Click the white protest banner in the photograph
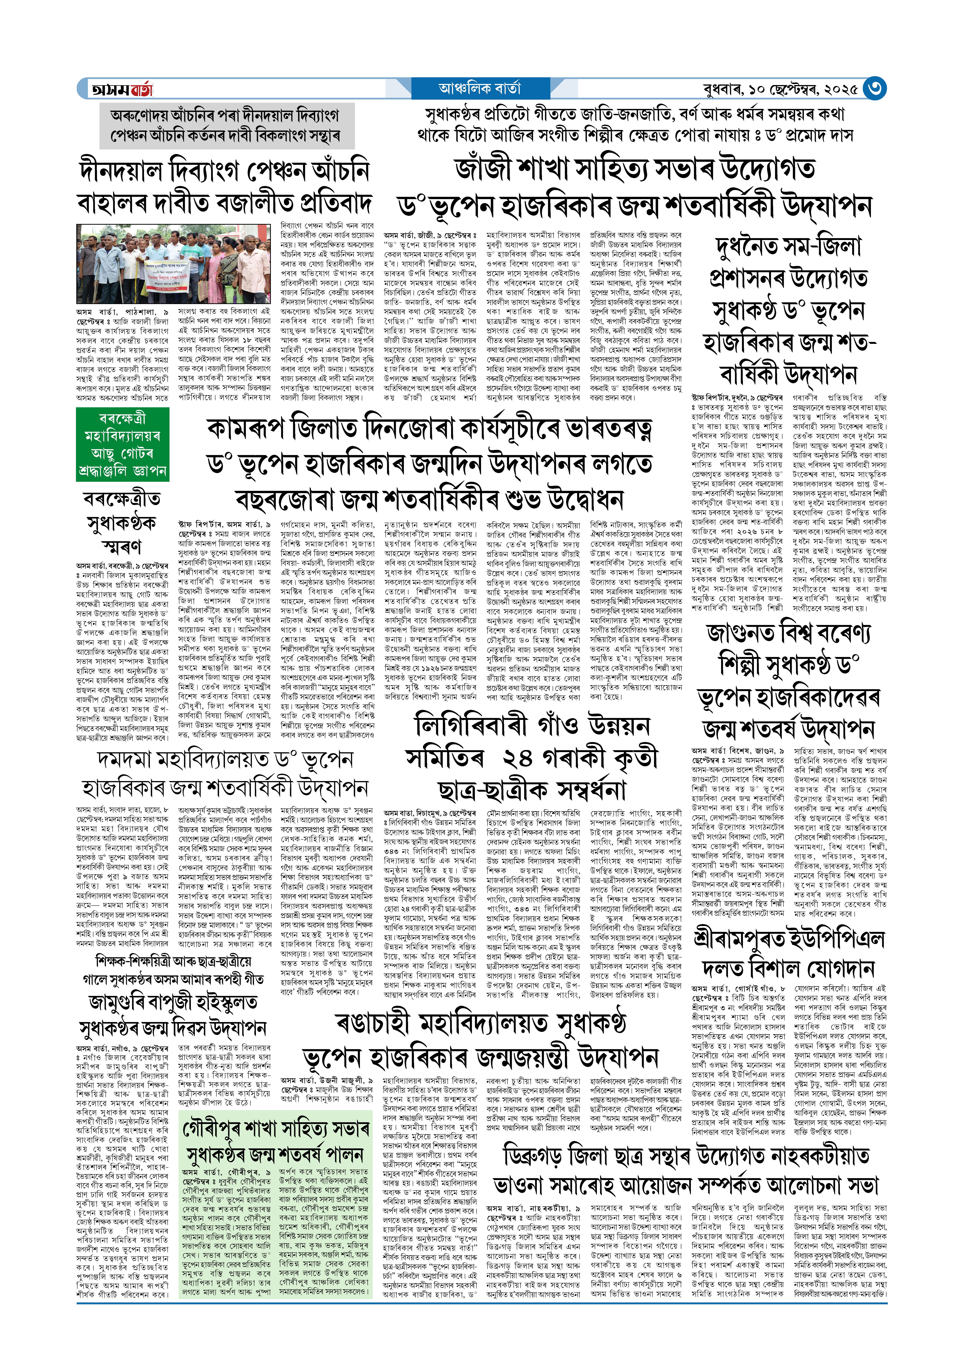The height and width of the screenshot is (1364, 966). [168, 275]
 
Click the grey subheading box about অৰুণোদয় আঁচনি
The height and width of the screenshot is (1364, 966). [226, 125]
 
